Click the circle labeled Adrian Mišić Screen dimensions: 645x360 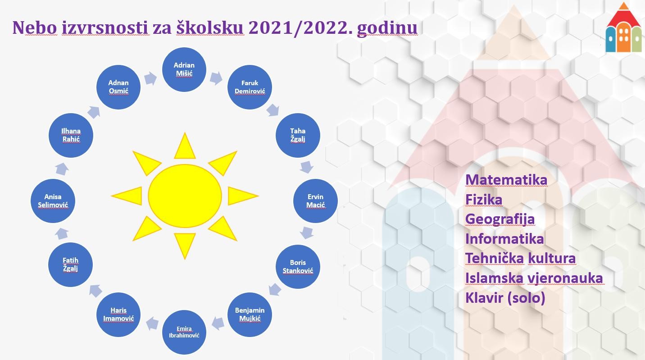tap(184, 69)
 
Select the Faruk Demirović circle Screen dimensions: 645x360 tap(250, 87)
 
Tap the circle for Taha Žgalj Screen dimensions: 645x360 tap(298, 135)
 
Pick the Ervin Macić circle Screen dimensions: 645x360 tap(315, 201)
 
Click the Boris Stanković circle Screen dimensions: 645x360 tap(298, 266)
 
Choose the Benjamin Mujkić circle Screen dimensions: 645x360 tap(250, 314)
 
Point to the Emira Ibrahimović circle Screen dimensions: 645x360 tap(184, 332)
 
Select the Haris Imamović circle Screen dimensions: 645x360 tap(118, 314)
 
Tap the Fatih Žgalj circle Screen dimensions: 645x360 tap(71, 264)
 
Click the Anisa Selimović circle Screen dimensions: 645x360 tap(53, 201)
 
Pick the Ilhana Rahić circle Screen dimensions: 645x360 tap(71, 135)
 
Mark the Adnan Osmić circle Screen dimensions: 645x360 tap(118, 87)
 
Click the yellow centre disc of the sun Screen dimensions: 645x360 tap(185, 196)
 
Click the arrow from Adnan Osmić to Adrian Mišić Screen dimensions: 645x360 tap(150, 78)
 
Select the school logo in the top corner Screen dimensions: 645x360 tap(624, 27)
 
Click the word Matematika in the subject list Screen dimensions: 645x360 tap(506, 180)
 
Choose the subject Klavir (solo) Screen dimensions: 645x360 tap(505, 297)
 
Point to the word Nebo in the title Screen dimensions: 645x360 tap(35, 27)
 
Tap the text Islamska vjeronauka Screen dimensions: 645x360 tap(534, 278)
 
